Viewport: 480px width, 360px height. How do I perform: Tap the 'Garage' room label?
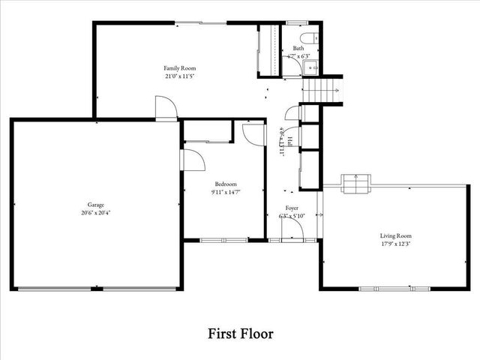coord(94,205)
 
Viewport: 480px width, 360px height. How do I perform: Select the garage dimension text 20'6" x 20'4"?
coord(94,212)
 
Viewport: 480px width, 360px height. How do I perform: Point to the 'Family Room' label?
coord(180,68)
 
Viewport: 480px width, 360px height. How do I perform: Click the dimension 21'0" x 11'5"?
coord(180,76)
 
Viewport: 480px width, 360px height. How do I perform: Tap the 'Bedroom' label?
coord(226,184)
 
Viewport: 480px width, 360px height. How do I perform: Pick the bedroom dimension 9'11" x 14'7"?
coord(226,192)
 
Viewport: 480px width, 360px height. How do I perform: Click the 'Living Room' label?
coord(394,235)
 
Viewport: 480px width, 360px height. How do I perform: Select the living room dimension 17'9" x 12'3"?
coord(394,243)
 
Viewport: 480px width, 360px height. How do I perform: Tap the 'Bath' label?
coord(298,48)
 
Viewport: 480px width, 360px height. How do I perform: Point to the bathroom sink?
coord(312,67)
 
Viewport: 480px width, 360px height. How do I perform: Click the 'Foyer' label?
coord(292,208)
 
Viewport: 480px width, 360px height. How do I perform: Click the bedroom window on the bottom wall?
coord(223,240)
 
